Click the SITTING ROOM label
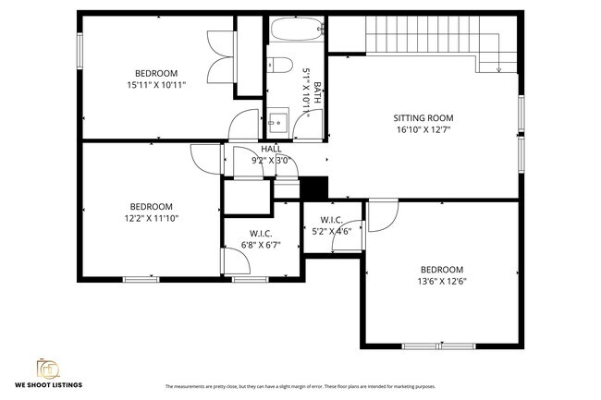tap(423, 118)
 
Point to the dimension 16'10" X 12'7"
tap(423, 130)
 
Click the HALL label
tap(272, 149)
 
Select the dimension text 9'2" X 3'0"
tap(272, 160)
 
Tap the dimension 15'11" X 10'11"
tap(156, 85)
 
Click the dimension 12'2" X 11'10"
tap(150, 218)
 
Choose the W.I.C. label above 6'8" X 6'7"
tap(260, 233)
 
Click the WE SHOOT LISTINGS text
tap(48, 383)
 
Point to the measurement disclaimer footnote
tap(300, 386)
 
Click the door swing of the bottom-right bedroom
tap(381, 214)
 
